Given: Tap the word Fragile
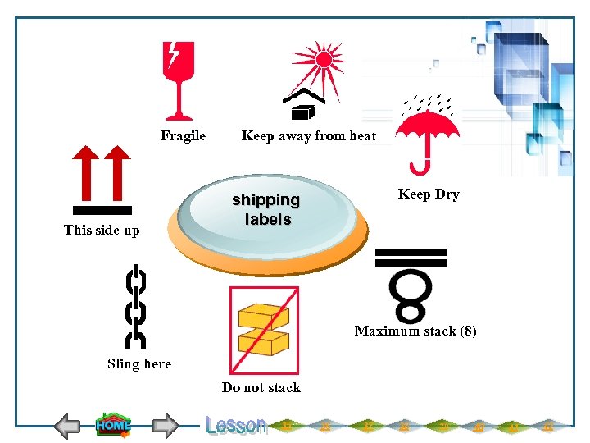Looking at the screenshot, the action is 183,136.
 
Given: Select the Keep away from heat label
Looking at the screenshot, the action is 309,136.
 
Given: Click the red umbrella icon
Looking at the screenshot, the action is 426,131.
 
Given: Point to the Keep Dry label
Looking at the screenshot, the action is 429,194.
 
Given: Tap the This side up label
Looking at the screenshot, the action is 102,231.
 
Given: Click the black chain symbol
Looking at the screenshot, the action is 135,306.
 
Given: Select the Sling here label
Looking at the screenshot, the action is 139,364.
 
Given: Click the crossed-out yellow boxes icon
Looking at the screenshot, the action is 264,330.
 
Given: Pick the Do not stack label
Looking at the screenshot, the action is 261,388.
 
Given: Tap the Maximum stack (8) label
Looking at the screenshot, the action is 415,331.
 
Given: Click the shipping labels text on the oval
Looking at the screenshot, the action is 266,210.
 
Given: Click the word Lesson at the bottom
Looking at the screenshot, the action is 236,425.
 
